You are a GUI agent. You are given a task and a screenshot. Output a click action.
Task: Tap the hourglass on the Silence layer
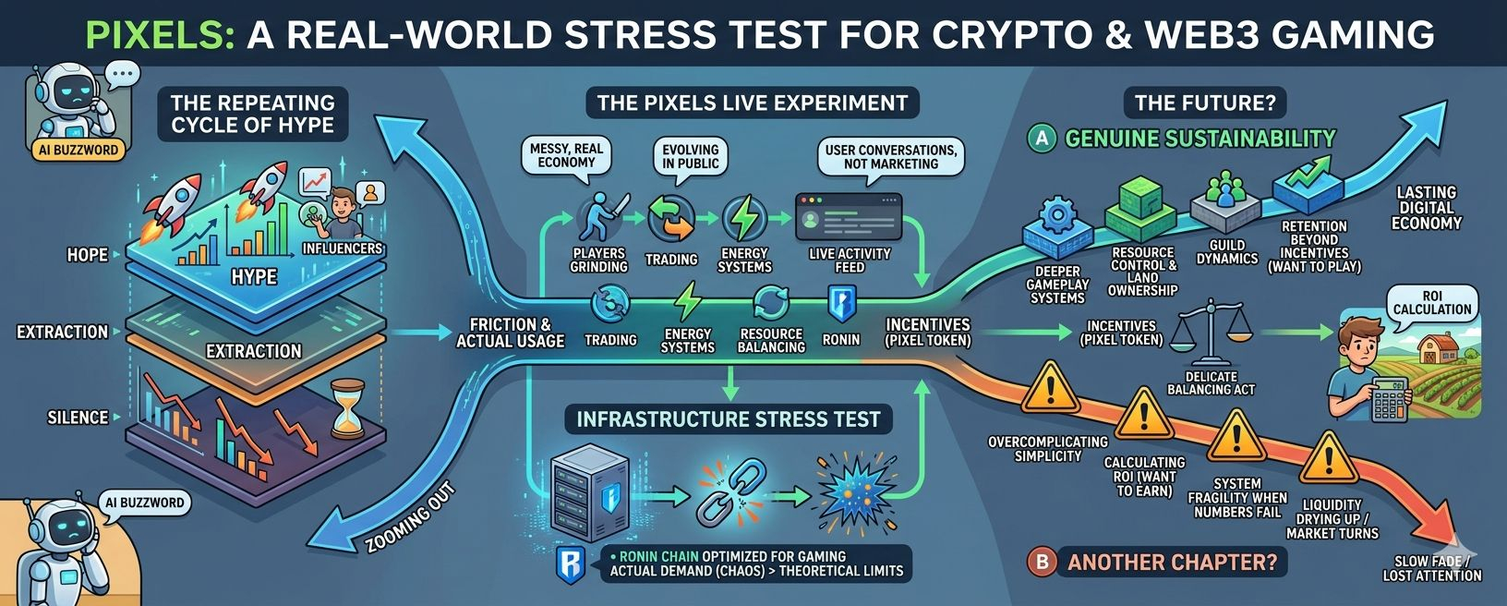348,406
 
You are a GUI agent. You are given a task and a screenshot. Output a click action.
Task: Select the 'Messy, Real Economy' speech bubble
566,154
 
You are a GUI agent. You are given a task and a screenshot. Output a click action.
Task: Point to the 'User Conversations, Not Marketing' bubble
890,156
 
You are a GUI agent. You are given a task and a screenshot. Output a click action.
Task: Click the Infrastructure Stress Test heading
728,419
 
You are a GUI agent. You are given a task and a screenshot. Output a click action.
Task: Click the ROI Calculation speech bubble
1432,301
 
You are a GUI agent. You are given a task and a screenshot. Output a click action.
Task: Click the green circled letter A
1041,139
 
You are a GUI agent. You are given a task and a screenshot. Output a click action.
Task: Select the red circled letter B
1042,561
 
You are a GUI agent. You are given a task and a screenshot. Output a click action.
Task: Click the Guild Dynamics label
1226,251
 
